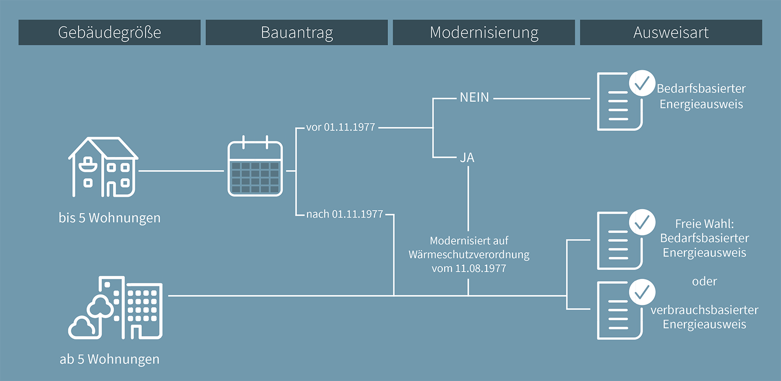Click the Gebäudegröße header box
click(109, 33)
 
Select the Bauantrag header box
click(297, 33)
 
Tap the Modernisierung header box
click(484, 33)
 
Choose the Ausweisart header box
click(671, 33)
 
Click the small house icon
click(103, 167)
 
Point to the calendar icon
click(255, 168)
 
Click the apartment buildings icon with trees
click(116, 308)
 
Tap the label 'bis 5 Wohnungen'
click(109, 218)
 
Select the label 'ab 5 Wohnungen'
click(109, 359)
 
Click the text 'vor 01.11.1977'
click(341, 127)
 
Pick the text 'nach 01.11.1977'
click(345, 214)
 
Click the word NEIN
click(474, 98)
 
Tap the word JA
click(467, 158)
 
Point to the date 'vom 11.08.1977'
click(469, 268)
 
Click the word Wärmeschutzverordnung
click(469, 255)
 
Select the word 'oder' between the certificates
click(704, 281)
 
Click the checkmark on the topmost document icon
click(641, 83)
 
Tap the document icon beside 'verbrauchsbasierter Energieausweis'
click(619, 311)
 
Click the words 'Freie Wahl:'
click(704, 224)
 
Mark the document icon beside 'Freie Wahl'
click(619, 241)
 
